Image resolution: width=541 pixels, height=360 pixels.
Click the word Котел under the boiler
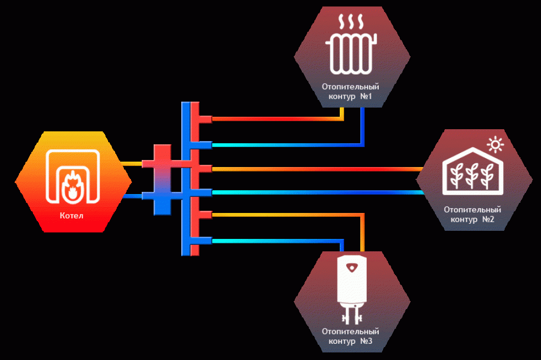71,216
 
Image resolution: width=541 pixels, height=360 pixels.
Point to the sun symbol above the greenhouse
496,145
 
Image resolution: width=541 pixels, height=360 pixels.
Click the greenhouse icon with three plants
473,171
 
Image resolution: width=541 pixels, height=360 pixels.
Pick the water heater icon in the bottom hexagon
352,290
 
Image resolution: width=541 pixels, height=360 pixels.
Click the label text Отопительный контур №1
350,91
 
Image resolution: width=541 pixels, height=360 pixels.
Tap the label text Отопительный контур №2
472,215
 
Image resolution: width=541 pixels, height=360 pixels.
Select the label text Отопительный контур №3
350,336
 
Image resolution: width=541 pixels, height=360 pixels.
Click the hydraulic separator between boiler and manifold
162,179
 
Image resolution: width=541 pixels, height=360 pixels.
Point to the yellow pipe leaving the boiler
131,163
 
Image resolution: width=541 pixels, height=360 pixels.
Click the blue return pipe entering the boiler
133,196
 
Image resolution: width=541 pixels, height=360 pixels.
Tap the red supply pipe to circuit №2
318,169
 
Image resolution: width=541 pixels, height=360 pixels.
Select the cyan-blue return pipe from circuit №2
318,192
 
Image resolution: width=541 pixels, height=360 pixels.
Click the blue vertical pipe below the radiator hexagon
362,126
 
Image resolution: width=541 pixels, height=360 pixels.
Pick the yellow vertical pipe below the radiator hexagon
341,114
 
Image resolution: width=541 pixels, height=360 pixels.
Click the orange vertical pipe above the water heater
362,232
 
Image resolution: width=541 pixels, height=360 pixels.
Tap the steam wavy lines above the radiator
351,22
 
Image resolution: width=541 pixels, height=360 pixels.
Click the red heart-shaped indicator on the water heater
352,267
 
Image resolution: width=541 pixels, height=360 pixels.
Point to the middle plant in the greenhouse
472,176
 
